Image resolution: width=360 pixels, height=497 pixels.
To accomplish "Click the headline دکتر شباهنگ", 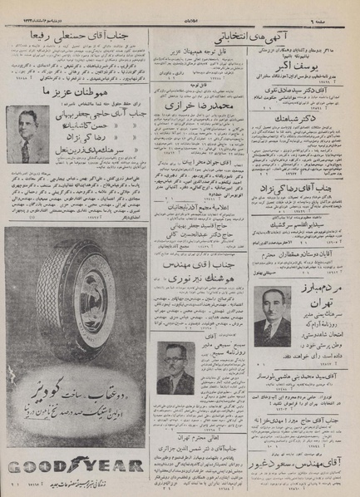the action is pyautogui.click(x=298, y=121).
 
